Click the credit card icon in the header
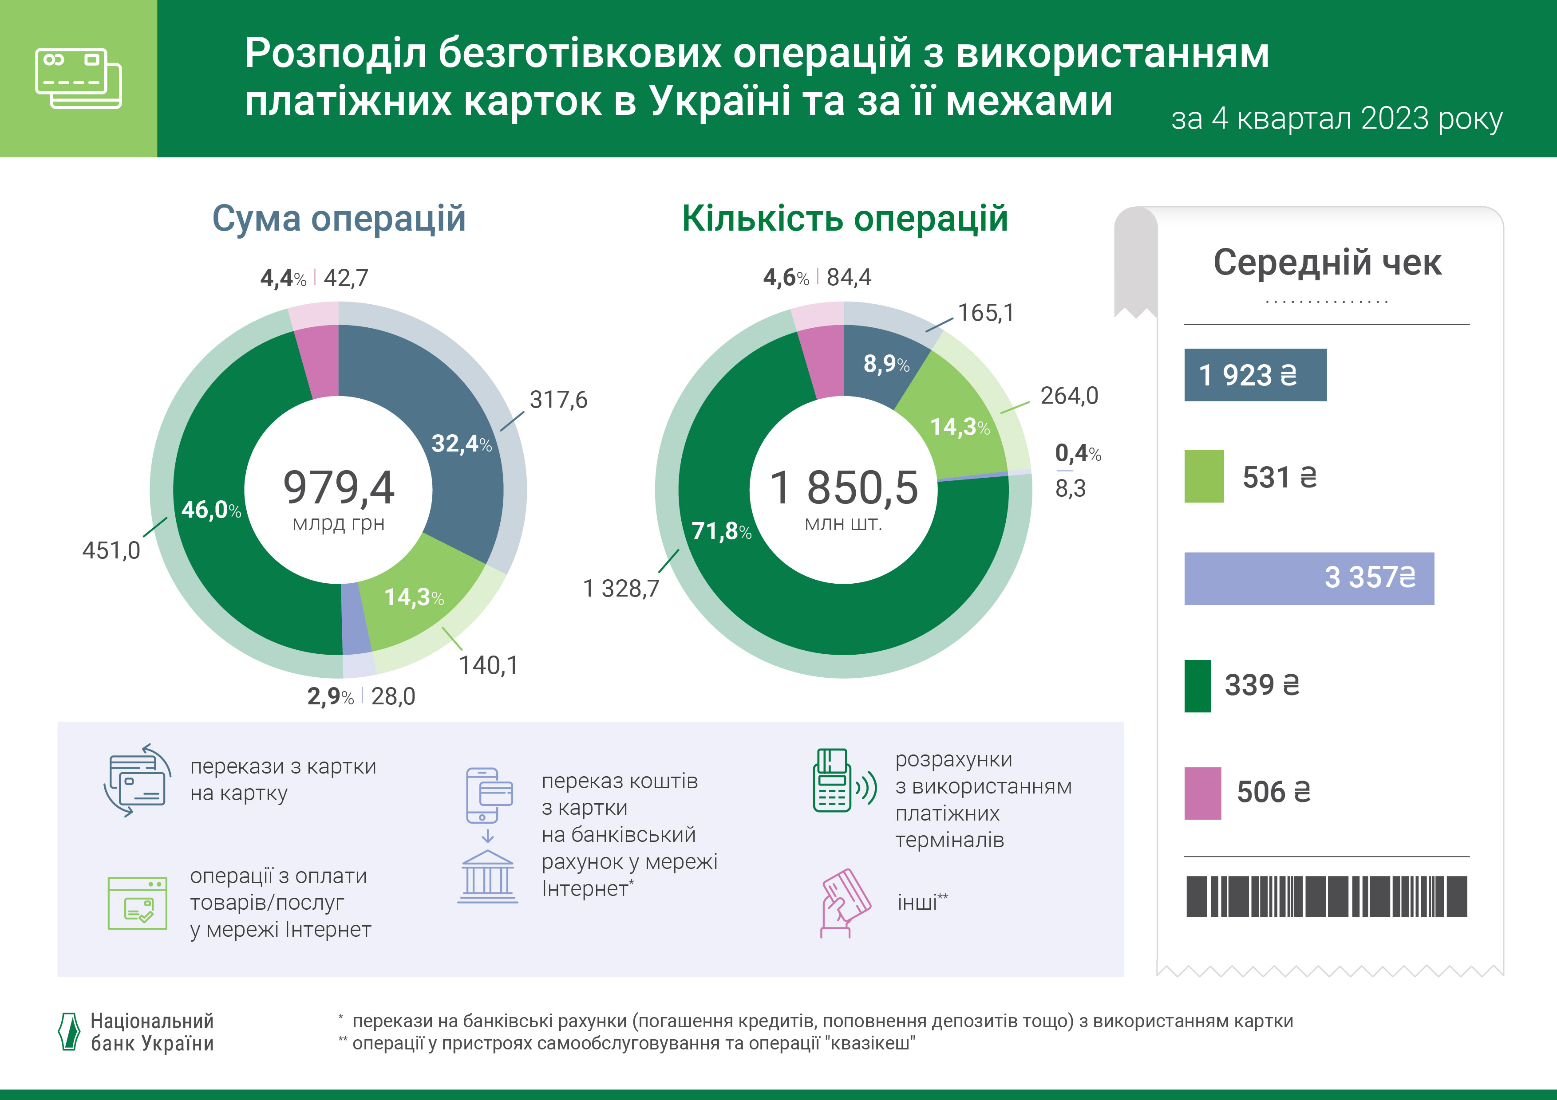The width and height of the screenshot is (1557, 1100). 78,78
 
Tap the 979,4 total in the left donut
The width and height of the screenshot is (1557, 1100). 338,487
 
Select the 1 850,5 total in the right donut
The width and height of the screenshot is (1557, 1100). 844,487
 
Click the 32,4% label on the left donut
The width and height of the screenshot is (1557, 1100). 461,444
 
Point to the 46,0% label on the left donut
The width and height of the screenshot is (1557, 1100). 211,510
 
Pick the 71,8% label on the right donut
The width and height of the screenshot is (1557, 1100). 721,530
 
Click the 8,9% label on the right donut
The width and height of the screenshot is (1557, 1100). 885,364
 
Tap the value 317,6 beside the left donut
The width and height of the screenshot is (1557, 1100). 558,400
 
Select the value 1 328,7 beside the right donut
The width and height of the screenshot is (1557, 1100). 620,588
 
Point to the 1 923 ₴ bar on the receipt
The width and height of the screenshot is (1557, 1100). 1255,375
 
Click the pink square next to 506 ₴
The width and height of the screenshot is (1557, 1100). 1202,793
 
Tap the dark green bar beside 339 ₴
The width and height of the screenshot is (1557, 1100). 1197,686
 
